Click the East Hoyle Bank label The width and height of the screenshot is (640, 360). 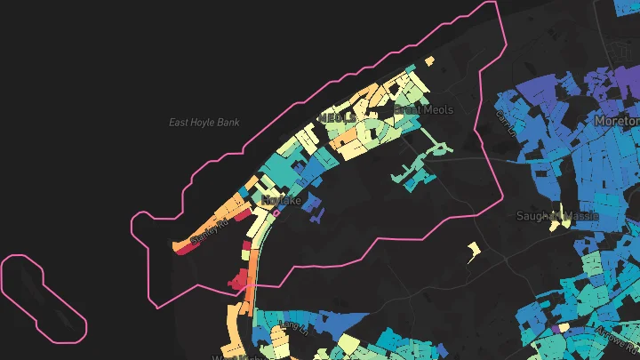(204, 122)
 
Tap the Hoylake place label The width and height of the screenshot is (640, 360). (283, 201)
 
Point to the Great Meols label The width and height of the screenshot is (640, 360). (423, 110)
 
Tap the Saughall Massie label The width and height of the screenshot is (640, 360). (557, 215)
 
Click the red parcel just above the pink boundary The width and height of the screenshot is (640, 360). (239, 282)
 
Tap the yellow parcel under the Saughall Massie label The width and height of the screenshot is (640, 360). (556, 225)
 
